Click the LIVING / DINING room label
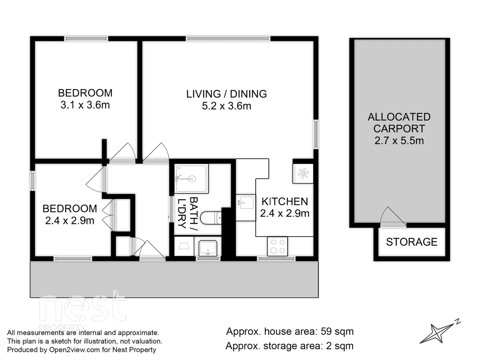tap(226, 94)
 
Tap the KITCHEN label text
tap(284, 201)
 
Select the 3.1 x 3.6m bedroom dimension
tap(85, 105)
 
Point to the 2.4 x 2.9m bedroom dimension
tap(70, 221)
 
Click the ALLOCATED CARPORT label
tap(399, 123)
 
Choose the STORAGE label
tap(411, 242)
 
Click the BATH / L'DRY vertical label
tap(188, 213)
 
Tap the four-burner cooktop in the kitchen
tap(277, 247)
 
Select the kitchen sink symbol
tap(246, 202)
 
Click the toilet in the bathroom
tap(210, 218)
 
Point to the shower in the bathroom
tap(191, 178)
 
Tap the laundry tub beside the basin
tap(184, 247)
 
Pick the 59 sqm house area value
tap(337, 332)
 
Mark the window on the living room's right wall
tap(316, 134)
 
